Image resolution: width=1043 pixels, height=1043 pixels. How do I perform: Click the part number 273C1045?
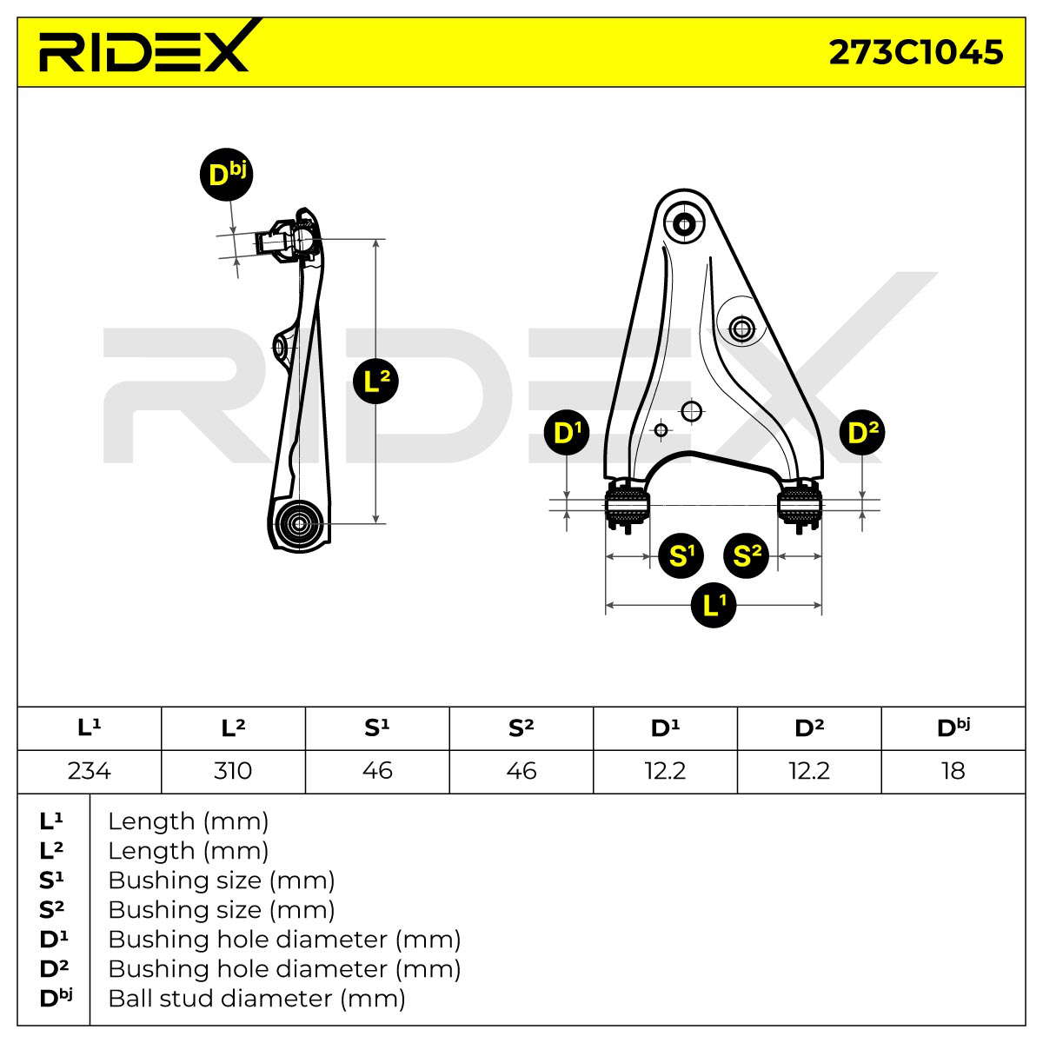pos(916,52)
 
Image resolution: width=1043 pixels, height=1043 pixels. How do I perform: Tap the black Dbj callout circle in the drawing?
pos(226,175)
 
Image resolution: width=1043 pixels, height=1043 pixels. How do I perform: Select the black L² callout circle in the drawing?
pos(375,381)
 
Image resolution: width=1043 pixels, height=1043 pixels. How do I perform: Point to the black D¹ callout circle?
pos(567,432)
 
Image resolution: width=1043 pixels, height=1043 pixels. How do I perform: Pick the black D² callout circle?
pos(862,432)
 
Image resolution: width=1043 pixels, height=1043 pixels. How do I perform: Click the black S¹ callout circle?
pos(681,556)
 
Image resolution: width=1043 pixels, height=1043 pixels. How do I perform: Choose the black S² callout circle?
pos(747,556)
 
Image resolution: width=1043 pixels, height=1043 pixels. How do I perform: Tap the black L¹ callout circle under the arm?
pos(714,605)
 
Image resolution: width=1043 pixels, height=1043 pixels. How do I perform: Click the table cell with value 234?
pos(90,771)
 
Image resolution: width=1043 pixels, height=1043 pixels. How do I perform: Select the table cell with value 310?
pos(233,771)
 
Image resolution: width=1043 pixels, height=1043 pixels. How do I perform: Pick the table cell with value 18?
pos(953,771)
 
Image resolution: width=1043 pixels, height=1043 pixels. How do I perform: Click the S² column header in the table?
pos(521,728)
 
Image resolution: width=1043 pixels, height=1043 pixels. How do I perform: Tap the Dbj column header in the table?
pos(953,728)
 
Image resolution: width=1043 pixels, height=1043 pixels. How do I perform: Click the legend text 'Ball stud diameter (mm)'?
pos(256,999)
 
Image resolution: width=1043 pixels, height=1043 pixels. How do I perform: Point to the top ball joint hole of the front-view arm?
pos(684,224)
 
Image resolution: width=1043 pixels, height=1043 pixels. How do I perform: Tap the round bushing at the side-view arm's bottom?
pos(298,523)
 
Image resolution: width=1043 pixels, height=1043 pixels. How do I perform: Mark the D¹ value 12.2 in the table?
pos(665,771)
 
